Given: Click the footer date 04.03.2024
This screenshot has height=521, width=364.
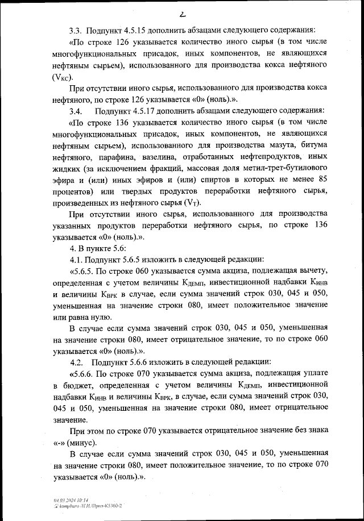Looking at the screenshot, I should [60, 498].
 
